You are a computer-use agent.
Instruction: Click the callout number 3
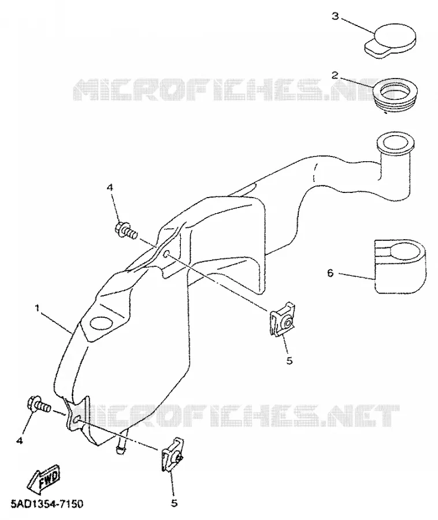click(x=336, y=16)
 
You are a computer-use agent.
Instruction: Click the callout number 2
click(x=335, y=75)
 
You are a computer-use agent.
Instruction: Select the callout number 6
click(x=330, y=273)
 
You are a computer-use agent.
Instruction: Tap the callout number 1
click(x=38, y=308)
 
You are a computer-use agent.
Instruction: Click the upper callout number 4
click(x=110, y=188)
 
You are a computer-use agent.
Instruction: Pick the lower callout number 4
click(x=20, y=441)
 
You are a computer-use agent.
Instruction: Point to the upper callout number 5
click(x=289, y=361)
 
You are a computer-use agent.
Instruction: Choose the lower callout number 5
click(x=174, y=503)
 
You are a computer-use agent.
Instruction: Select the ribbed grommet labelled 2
click(x=395, y=94)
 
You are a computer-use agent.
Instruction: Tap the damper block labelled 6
click(x=400, y=266)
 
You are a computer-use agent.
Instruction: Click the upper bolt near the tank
click(x=126, y=229)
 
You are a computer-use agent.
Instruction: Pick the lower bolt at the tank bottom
click(x=39, y=404)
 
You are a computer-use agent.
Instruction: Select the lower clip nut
click(x=173, y=454)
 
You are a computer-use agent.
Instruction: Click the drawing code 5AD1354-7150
click(x=42, y=504)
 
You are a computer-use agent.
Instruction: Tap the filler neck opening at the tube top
click(x=395, y=143)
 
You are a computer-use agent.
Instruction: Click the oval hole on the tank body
click(x=102, y=324)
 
